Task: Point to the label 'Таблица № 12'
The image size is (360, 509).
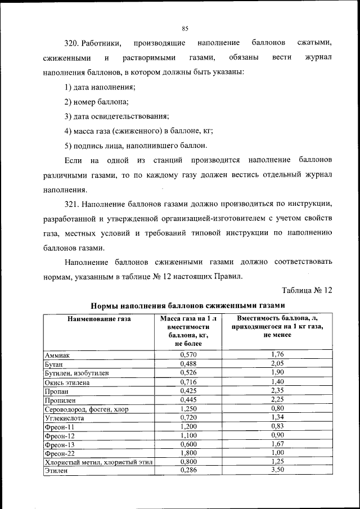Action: click(307, 290)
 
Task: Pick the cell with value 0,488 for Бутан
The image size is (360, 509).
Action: click(188, 364)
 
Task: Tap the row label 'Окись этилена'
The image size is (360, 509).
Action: click(66, 382)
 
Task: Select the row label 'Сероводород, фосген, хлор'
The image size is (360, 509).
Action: click(85, 409)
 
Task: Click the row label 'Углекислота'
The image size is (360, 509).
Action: click(63, 418)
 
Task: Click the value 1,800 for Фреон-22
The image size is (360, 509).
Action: click(188, 453)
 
